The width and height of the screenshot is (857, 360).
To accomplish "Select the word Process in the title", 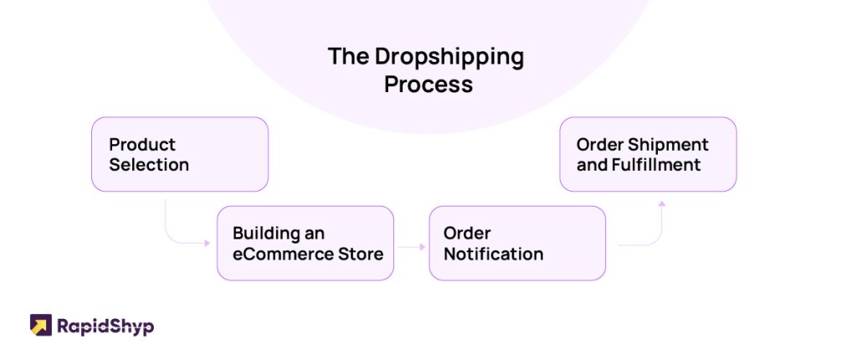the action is pyautogui.click(x=428, y=85).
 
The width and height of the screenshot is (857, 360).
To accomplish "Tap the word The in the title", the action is pyautogui.click(x=347, y=56).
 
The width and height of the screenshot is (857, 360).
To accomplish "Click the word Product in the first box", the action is pyautogui.click(x=142, y=145).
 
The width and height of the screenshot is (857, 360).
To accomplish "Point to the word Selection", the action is pyautogui.click(x=149, y=165).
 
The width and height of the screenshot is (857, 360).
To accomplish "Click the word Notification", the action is pyautogui.click(x=493, y=254).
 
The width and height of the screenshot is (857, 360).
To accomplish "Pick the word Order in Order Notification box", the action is pyautogui.click(x=467, y=233).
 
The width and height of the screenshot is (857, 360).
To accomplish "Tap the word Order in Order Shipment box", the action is pyautogui.click(x=599, y=145).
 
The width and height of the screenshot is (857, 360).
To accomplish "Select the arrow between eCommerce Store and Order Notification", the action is pyautogui.click(x=412, y=247).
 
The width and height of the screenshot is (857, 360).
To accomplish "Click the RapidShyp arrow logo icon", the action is pyautogui.click(x=41, y=325).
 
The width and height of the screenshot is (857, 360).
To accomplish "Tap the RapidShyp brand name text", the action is pyautogui.click(x=105, y=327).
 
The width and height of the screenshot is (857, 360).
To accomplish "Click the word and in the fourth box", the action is pyautogui.click(x=592, y=165).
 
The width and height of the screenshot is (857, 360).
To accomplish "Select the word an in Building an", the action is pyautogui.click(x=315, y=234).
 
